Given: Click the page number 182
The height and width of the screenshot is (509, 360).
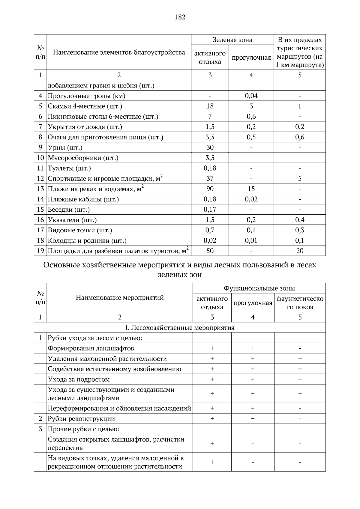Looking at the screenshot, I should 180,17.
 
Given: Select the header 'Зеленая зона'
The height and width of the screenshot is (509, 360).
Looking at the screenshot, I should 232,40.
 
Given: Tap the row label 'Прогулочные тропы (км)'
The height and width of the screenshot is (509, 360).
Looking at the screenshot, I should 86,96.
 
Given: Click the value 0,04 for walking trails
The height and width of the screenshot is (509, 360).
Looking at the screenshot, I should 251,96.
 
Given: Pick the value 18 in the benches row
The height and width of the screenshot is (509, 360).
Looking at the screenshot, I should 210,106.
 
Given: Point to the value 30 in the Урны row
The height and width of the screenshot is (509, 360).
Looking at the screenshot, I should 210,147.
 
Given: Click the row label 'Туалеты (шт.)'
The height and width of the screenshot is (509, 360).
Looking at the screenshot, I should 69,168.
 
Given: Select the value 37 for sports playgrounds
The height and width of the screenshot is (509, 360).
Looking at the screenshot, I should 210,179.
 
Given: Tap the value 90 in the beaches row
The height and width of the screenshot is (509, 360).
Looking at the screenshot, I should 210,189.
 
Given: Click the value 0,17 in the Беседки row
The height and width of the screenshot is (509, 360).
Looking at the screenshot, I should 210,210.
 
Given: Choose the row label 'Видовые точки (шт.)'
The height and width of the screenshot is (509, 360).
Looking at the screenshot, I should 80,230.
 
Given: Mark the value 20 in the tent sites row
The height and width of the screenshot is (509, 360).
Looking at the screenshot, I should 300,251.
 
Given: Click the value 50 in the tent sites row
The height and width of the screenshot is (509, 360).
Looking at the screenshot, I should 210,251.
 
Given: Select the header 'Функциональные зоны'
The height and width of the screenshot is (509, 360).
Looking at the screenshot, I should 259,288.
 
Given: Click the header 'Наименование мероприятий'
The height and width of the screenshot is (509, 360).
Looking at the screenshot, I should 120,298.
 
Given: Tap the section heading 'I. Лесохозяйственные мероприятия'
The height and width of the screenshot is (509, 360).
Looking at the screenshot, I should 180,328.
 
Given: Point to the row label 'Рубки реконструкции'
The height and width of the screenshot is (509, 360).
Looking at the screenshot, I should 81,419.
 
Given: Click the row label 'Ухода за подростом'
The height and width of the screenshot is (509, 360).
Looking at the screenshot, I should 79,380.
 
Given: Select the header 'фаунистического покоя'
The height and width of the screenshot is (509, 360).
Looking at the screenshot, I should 300,303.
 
